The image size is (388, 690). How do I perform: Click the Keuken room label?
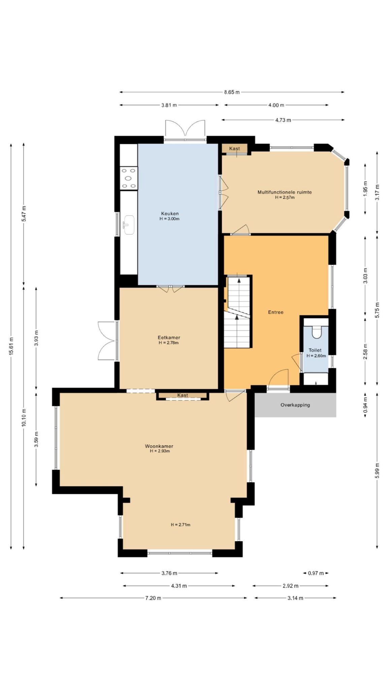coord(170,213)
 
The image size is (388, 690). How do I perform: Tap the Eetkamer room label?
coord(169,337)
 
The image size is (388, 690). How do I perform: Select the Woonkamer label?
coord(159,446)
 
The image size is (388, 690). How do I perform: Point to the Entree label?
coord(276,312)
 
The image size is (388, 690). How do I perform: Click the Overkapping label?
coord(295,405)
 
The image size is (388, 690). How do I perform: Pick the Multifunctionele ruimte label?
coord(285,192)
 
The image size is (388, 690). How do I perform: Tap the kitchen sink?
coord(129,225)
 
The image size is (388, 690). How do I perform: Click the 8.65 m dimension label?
coord(232,92)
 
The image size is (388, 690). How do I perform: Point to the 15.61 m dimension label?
coord(11,346)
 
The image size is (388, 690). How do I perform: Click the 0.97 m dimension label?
coord(316,573)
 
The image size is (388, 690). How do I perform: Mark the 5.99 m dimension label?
coord(377,470)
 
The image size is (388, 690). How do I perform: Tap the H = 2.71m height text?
coord(181,525)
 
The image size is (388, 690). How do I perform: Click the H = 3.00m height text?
coord(169,219)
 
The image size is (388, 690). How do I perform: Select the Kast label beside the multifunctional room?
coord(234,149)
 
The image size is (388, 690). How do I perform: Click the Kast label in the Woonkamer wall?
coord(183,395)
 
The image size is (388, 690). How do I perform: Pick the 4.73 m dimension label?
coord(283,120)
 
